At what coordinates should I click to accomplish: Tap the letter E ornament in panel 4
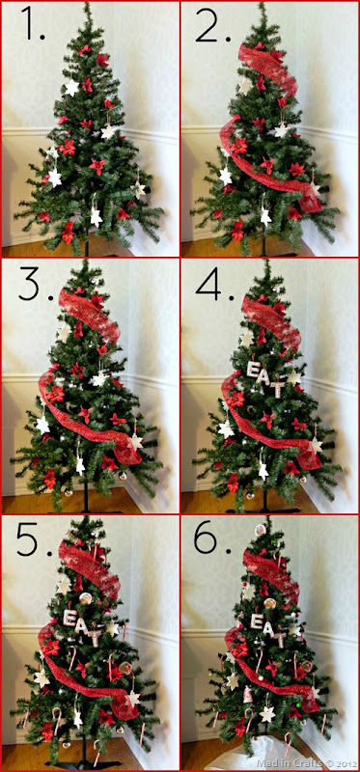pyautogui.click(x=253, y=370)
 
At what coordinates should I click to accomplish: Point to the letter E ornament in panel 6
pyautogui.click(x=256, y=621)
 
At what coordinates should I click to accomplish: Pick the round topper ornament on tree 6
pyautogui.click(x=260, y=530)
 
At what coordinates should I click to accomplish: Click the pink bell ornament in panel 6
pyautogui.click(x=248, y=695)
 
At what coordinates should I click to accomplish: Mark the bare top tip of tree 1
pyautogui.click(x=87, y=5)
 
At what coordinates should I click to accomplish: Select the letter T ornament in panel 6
pyautogui.click(x=281, y=639)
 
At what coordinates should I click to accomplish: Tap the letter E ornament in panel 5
pyautogui.click(x=70, y=618)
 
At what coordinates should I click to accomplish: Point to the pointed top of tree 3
pyautogui.click(x=85, y=262)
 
